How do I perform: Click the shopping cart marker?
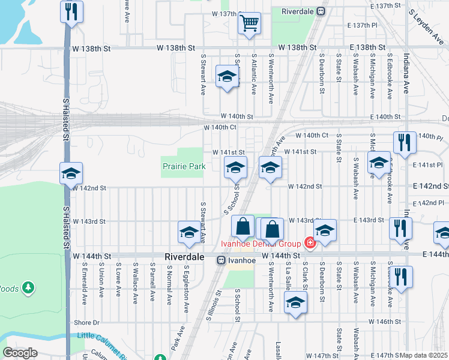pyautogui.click(x=249, y=24)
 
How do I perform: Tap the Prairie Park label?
pyautogui.click(x=184, y=166)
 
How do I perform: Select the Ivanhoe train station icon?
pyautogui.click(x=221, y=260)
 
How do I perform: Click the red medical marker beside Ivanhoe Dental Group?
pyautogui.click(x=310, y=243)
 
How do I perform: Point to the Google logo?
pyautogui.click(x=20, y=352)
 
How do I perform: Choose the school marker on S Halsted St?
pyautogui.click(x=71, y=174)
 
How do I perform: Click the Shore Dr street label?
pyautogui.click(x=86, y=322)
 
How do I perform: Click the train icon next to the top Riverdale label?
pyautogui.click(x=321, y=11)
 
